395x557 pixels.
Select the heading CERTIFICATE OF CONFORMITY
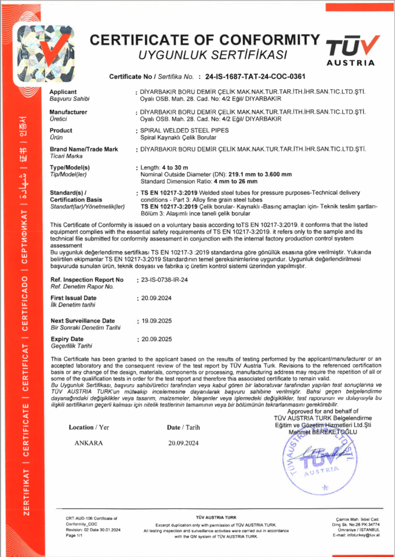204,40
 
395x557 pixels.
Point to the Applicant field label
63,92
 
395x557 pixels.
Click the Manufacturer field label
68,112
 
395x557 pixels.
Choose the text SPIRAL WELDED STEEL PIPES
184,131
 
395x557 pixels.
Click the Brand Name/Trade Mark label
84,149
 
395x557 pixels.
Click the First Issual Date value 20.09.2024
156,298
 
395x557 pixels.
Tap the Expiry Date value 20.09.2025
156,339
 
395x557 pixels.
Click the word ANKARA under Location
89,443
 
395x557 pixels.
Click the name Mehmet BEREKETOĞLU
323,431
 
